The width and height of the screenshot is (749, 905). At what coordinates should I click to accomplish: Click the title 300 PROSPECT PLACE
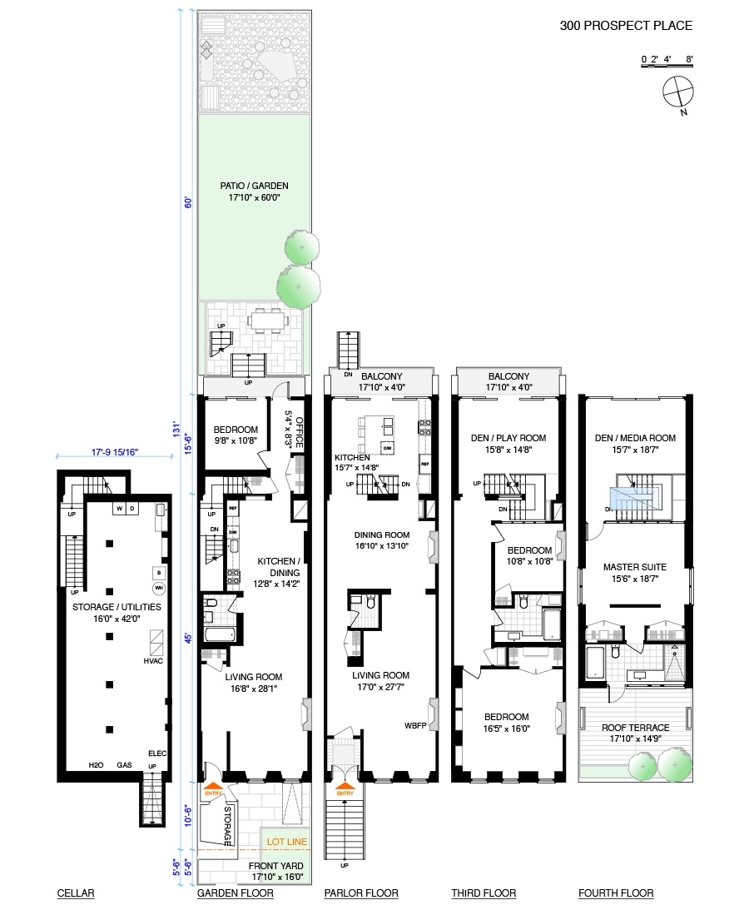(625, 26)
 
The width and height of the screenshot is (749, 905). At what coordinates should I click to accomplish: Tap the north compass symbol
(678, 92)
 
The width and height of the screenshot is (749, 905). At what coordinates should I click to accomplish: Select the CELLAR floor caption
(76, 893)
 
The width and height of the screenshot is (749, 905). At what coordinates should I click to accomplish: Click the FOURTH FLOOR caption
(616, 893)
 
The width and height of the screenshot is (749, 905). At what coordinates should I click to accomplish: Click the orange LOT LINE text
(287, 842)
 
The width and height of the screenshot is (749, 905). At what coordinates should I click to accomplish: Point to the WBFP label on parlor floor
(415, 724)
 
